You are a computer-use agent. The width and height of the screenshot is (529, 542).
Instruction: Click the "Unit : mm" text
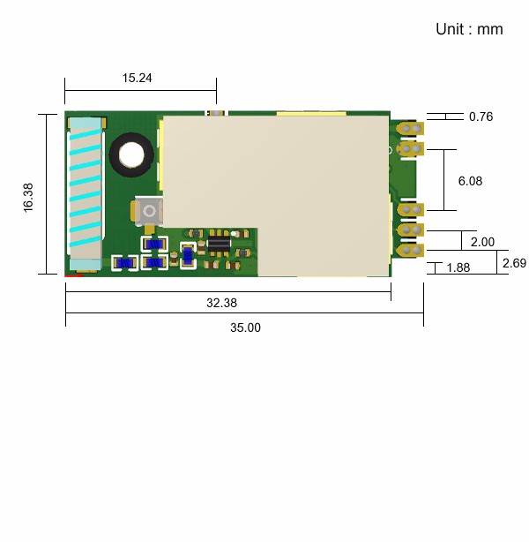click(469, 29)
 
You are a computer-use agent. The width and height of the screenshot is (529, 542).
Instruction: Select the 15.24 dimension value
click(137, 78)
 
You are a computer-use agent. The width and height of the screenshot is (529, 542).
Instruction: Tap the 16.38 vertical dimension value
click(28, 198)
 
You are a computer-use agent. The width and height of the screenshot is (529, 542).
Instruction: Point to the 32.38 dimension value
click(221, 303)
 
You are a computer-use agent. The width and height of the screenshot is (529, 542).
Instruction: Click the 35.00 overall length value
click(245, 327)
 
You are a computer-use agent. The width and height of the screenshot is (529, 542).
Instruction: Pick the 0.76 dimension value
click(481, 117)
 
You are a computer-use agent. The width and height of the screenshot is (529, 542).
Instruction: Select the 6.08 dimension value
click(470, 181)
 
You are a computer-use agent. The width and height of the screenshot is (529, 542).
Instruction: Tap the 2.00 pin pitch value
click(482, 242)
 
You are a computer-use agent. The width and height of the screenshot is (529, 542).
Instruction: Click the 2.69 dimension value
click(514, 263)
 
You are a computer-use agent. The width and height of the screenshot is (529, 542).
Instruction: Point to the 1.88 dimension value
click(458, 267)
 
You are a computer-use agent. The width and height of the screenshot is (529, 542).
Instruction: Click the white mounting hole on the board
click(131, 154)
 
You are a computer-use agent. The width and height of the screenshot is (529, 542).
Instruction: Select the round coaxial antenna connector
click(150, 211)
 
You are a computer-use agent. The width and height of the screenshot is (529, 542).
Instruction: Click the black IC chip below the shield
click(219, 245)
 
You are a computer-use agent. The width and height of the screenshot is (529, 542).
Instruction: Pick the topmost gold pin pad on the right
click(410, 129)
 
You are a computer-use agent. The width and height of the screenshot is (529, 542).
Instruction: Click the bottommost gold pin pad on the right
click(410, 251)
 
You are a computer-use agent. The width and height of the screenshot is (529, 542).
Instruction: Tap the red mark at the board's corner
click(74, 275)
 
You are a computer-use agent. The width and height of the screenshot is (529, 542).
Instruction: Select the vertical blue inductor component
click(188, 256)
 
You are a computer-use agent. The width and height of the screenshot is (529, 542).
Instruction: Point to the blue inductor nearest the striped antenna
click(124, 263)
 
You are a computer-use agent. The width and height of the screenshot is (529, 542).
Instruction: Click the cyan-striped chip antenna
click(86, 193)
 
